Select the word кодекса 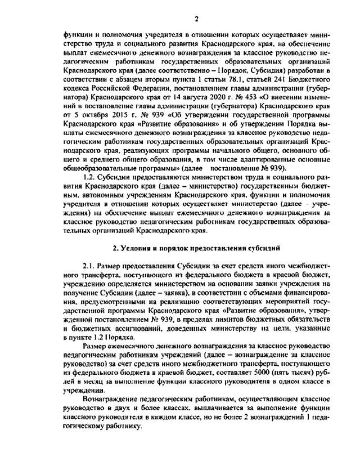[x=80, y=92]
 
